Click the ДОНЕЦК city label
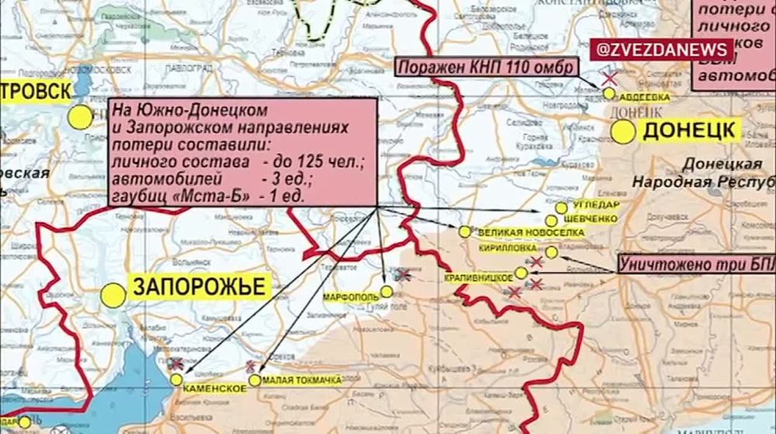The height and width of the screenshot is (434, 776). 686,131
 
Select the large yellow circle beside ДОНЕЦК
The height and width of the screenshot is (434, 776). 623,132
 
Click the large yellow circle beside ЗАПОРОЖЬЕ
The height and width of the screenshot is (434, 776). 113,295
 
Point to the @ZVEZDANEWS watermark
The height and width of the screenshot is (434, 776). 662,50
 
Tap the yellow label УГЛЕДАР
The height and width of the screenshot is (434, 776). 595,205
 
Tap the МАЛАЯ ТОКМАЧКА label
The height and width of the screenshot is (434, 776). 302,380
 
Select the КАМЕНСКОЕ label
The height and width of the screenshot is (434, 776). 213,389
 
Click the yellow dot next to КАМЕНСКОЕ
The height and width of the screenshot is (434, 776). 177,380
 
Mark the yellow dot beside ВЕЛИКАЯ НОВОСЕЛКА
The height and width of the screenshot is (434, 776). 465,231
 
